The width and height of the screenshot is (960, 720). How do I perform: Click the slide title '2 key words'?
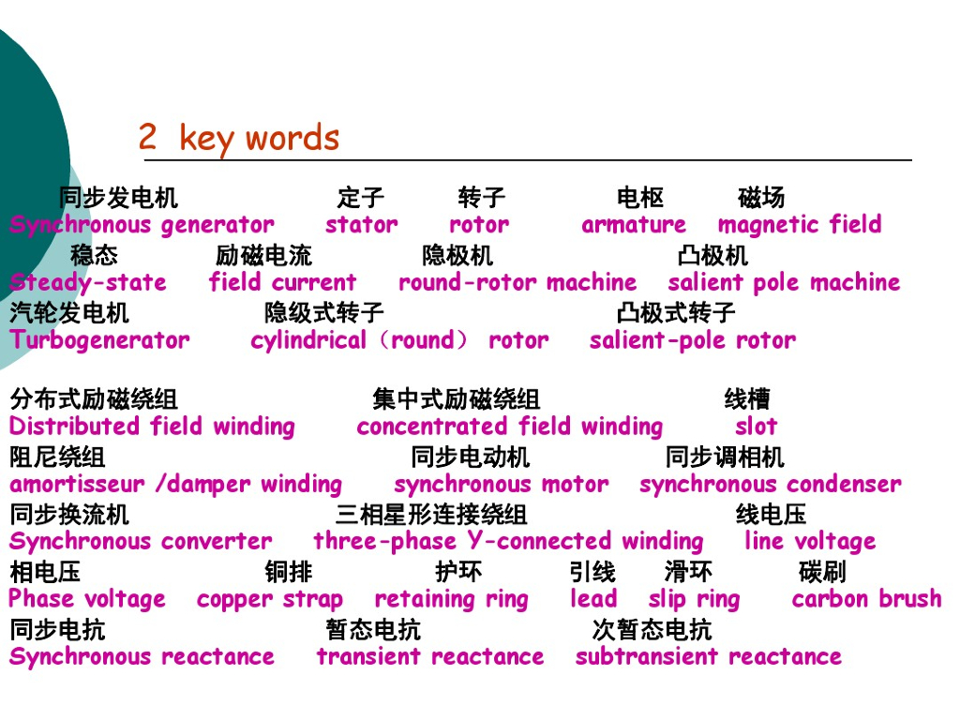click(x=238, y=138)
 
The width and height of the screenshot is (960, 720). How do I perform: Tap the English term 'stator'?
click(x=361, y=225)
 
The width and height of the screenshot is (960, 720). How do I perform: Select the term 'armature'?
click(x=633, y=225)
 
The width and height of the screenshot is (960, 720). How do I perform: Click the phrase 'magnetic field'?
click(x=799, y=225)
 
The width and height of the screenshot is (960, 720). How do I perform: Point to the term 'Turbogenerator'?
click(x=99, y=340)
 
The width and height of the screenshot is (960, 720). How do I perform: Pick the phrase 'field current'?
click(x=282, y=282)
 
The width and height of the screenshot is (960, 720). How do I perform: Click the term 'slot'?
click(x=756, y=427)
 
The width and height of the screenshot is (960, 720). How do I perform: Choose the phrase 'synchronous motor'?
click(x=501, y=485)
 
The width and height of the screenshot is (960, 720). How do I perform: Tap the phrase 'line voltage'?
click(x=809, y=542)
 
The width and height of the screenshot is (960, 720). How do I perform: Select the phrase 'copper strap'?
click(x=270, y=600)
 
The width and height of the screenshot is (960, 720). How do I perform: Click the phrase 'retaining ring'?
click(x=451, y=600)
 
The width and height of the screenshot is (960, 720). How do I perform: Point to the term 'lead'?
click(x=593, y=599)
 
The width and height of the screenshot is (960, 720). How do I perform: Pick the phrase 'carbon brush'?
click(x=866, y=599)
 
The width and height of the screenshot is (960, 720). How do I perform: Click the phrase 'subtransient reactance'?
click(x=708, y=657)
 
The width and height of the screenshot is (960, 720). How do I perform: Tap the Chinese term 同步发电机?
click(x=118, y=198)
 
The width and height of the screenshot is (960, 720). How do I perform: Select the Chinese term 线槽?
click(x=747, y=400)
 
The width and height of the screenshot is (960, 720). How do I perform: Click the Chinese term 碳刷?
click(x=822, y=572)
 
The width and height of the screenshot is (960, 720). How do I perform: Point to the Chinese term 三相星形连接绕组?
click(x=431, y=515)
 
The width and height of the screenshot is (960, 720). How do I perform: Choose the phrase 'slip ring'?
click(x=694, y=600)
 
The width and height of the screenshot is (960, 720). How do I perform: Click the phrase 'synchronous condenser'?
click(x=770, y=485)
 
